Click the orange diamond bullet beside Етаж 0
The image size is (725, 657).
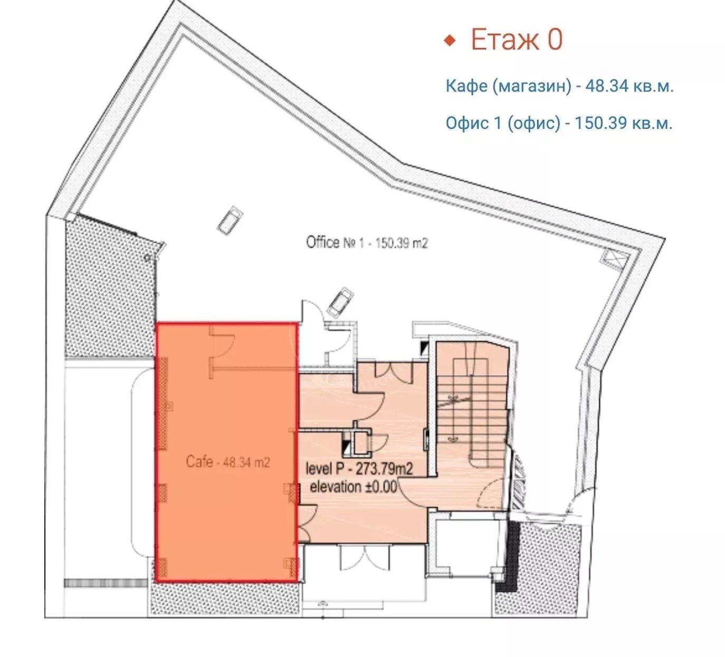point(450,41)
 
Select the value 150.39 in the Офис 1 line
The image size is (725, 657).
point(600,123)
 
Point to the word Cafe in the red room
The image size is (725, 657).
point(199,462)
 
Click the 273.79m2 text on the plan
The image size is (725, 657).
point(384,469)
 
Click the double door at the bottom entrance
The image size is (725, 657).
point(365,558)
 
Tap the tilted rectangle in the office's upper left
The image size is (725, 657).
point(230,221)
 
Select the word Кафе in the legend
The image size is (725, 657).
point(466,86)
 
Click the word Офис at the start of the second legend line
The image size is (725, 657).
point(467,123)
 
